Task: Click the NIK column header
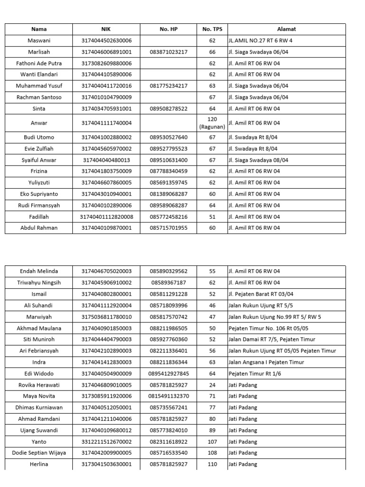point(106,29)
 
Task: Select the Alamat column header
point(287,29)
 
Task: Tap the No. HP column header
point(168,29)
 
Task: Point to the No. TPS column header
point(212,29)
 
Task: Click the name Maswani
point(38,40)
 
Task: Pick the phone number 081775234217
point(168,86)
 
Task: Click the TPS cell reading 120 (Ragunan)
point(212,123)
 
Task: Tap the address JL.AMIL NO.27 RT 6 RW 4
point(260,40)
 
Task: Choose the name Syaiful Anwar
point(38,160)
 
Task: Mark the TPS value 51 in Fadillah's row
point(212,216)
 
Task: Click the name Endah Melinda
point(38,271)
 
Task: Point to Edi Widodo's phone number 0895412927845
point(168,373)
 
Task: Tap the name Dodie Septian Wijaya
point(38,453)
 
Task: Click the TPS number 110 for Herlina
point(212,464)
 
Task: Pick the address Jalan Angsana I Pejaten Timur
point(266,362)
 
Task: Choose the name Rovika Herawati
point(38,385)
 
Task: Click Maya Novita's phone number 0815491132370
point(168,396)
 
